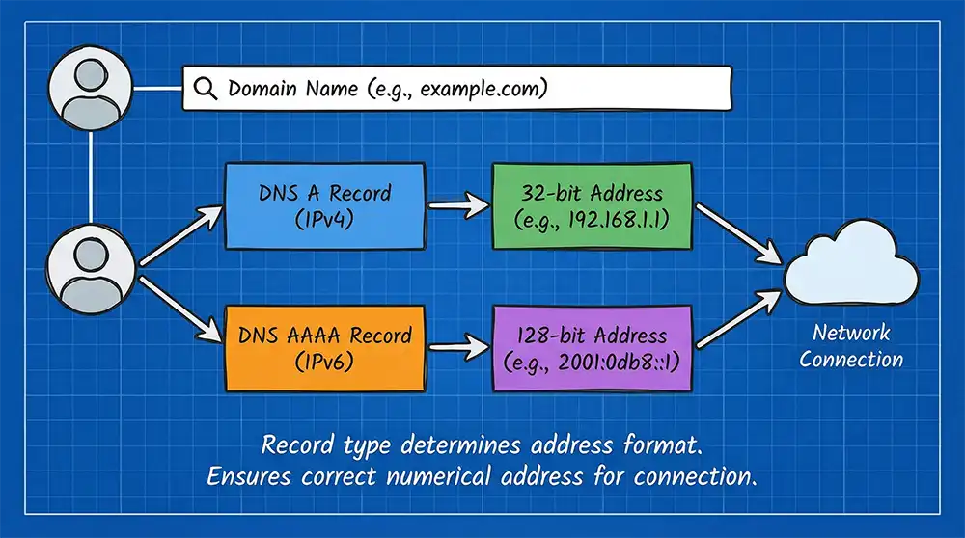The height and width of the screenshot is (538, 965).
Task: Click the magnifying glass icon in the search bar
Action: (206, 89)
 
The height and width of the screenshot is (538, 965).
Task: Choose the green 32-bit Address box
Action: (592, 204)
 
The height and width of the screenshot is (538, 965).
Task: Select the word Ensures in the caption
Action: (252, 477)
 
